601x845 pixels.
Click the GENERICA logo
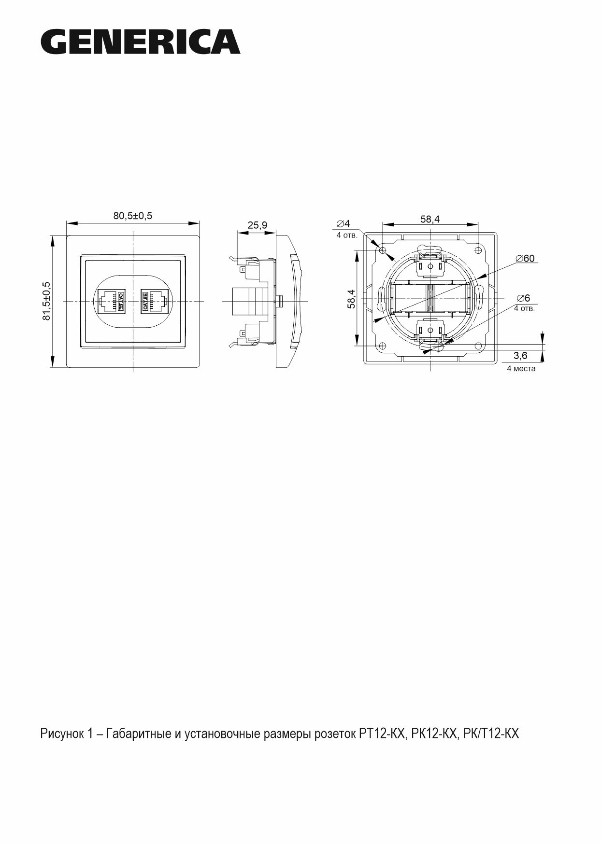click(x=141, y=42)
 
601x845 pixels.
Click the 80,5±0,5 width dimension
click(x=133, y=216)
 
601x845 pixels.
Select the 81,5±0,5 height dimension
click(x=46, y=302)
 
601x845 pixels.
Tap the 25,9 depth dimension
click(x=257, y=225)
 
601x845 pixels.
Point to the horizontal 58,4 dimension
click(x=430, y=219)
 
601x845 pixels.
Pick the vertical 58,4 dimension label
click(x=351, y=299)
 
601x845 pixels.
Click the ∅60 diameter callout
click(x=525, y=258)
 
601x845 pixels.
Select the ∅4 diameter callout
click(x=343, y=224)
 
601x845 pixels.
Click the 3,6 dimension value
click(x=521, y=356)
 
